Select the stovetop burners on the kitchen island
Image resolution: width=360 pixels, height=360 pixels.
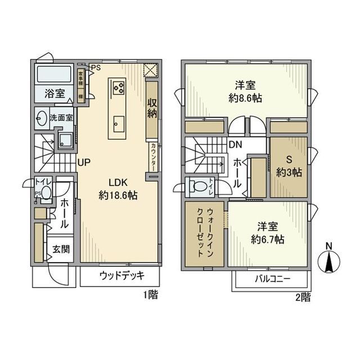(119, 87)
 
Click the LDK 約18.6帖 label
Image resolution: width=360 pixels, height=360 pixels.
(118, 190)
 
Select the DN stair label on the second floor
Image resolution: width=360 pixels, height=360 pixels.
(235, 145)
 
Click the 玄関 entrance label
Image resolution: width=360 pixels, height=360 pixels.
(61, 249)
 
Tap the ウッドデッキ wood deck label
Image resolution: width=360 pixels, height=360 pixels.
(123, 276)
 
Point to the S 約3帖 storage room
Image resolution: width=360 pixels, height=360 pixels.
(289, 167)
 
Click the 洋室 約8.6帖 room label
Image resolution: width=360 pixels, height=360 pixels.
(245, 91)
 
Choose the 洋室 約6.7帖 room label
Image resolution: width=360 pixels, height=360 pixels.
(267, 233)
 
